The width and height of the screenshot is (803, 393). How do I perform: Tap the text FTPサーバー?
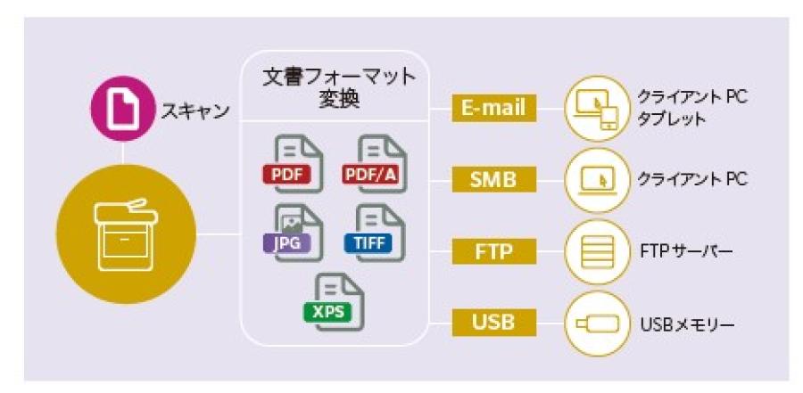tap(687, 252)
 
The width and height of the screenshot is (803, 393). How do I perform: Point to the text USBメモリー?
tap(686, 323)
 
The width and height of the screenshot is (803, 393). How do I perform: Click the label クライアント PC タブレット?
tap(691, 108)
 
